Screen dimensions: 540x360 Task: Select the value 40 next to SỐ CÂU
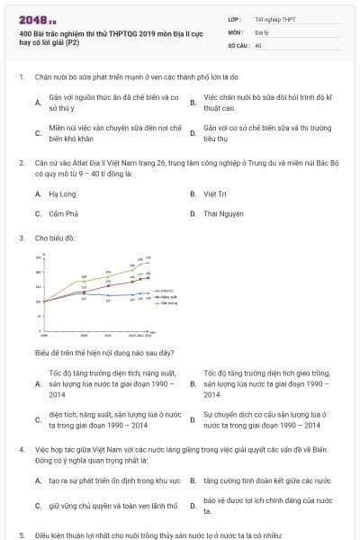pyautogui.click(x=258, y=43)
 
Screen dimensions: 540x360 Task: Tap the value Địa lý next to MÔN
pyautogui.click(x=262, y=31)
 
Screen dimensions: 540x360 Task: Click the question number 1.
pyautogui.click(x=21, y=76)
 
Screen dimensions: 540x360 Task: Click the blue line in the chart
pyautogui.click(x=108, y=295)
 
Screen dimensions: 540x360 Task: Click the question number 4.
pyautogui.click(x=21, y=447)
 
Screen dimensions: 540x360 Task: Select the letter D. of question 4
pyautogui.click(x=193, y=505)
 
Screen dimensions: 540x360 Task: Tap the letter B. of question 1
pyautogui.click(x=193, y=101)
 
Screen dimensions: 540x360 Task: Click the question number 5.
pyautogui.click(x=21, y=535)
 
